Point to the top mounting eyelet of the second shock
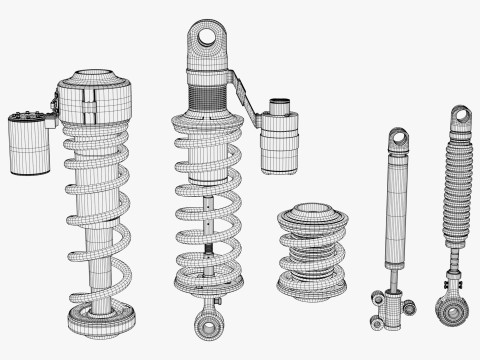point(209,38)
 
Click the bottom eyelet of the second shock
point(208,325)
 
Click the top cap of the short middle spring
point(313,214)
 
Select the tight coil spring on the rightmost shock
point(457,200)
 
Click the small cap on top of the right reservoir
point(280,104)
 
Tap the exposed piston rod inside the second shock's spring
point(208,225)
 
